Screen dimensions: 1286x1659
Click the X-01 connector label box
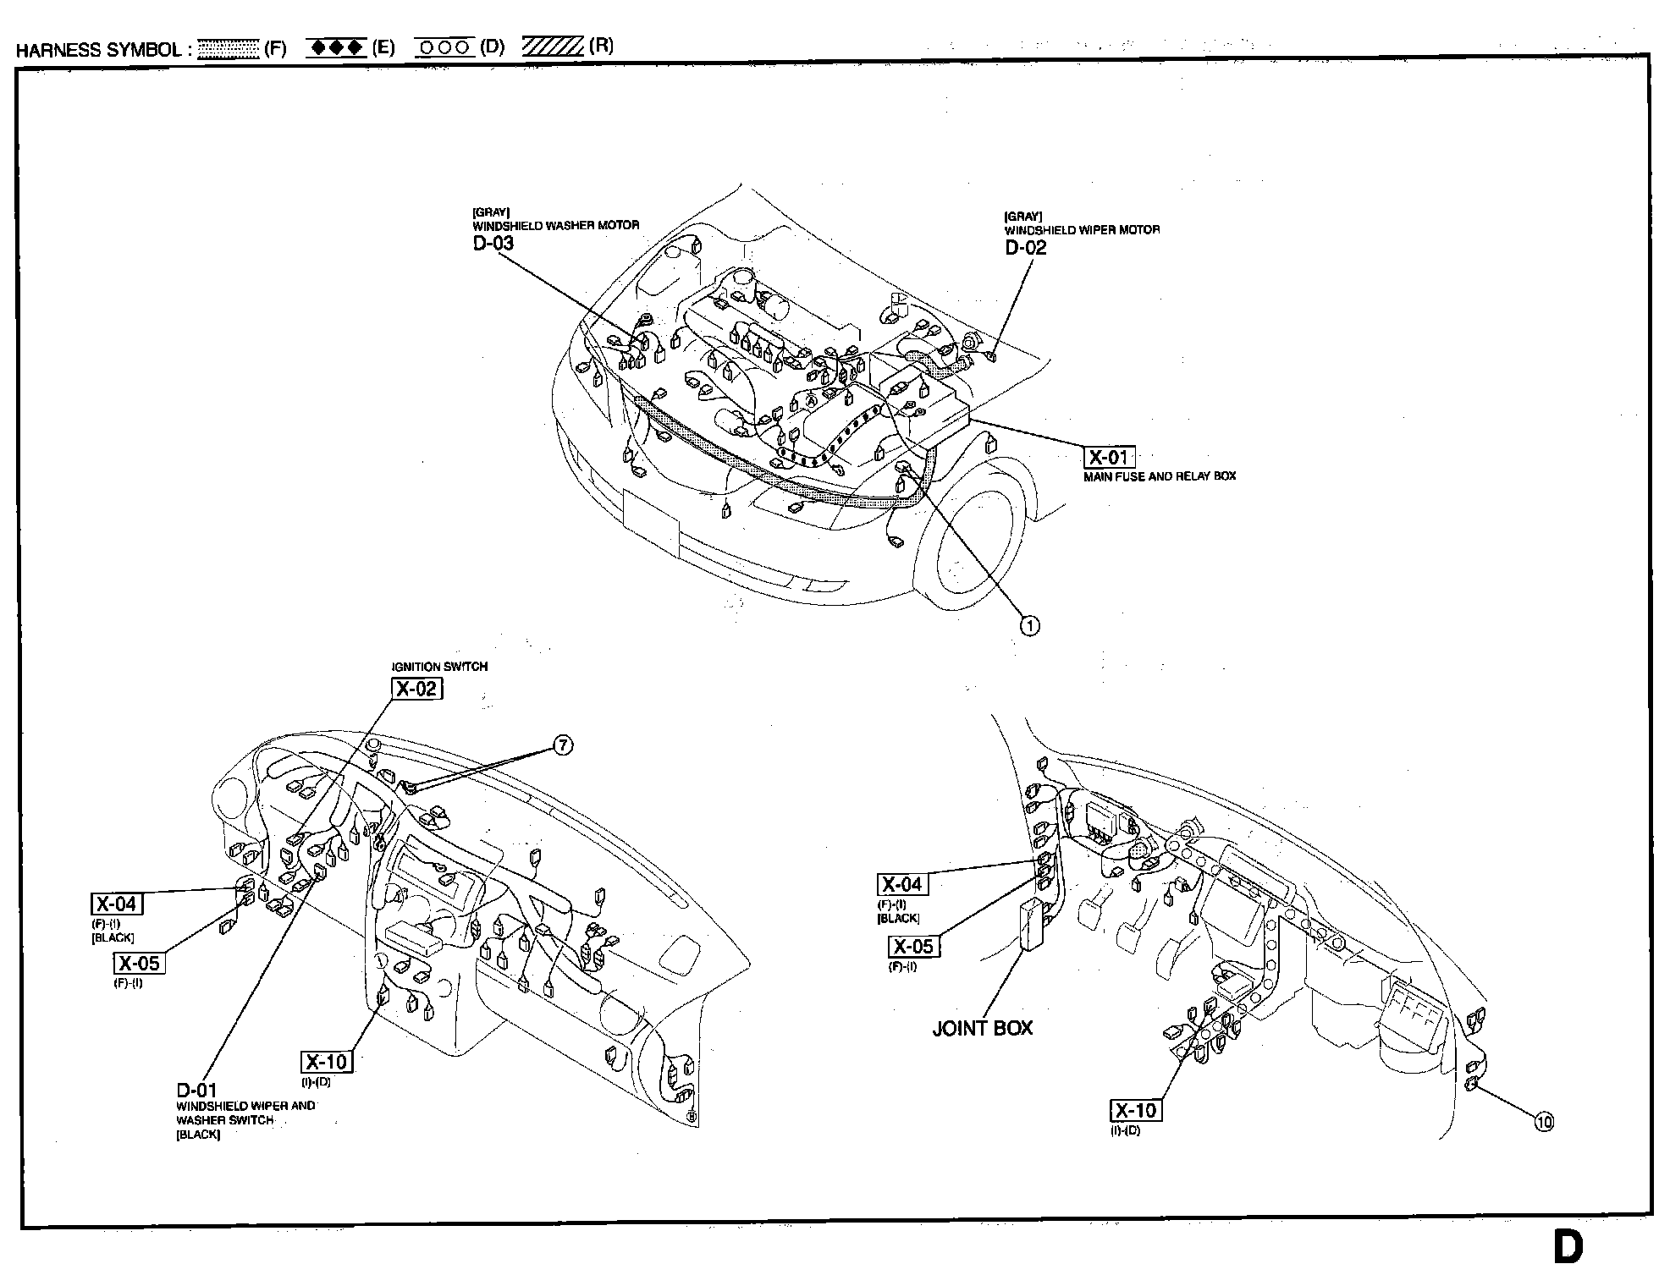pos(1109,458)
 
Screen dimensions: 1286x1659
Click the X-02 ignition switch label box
pos(416,689)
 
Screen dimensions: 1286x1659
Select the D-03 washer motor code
pos(493,244)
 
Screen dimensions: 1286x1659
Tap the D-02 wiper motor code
pos(1026,248)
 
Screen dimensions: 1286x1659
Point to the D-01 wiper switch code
pos(196,1091)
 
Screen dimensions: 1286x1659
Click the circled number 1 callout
pos(1030,625)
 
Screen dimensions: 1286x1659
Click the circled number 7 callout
pos(563,745)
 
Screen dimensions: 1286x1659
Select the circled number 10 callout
pos(1544,1123)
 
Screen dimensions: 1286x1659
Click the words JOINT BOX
pos(982,1028)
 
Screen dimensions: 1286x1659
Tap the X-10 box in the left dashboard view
pos(327,1062)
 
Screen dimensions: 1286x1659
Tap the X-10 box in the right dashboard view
pos(1135,1111)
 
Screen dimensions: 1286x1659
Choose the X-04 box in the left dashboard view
pos(117,904)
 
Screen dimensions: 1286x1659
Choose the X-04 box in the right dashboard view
pos(902,885)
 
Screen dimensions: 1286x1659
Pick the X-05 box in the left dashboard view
pos(139,963)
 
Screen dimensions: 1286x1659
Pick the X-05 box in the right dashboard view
pos(914,946)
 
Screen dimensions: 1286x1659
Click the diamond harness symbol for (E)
pos(337,47)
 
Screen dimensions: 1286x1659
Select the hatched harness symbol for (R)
pos(553,46)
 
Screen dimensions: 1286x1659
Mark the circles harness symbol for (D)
pos(444,47)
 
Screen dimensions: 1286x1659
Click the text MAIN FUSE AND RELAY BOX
pos(1160,476)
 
